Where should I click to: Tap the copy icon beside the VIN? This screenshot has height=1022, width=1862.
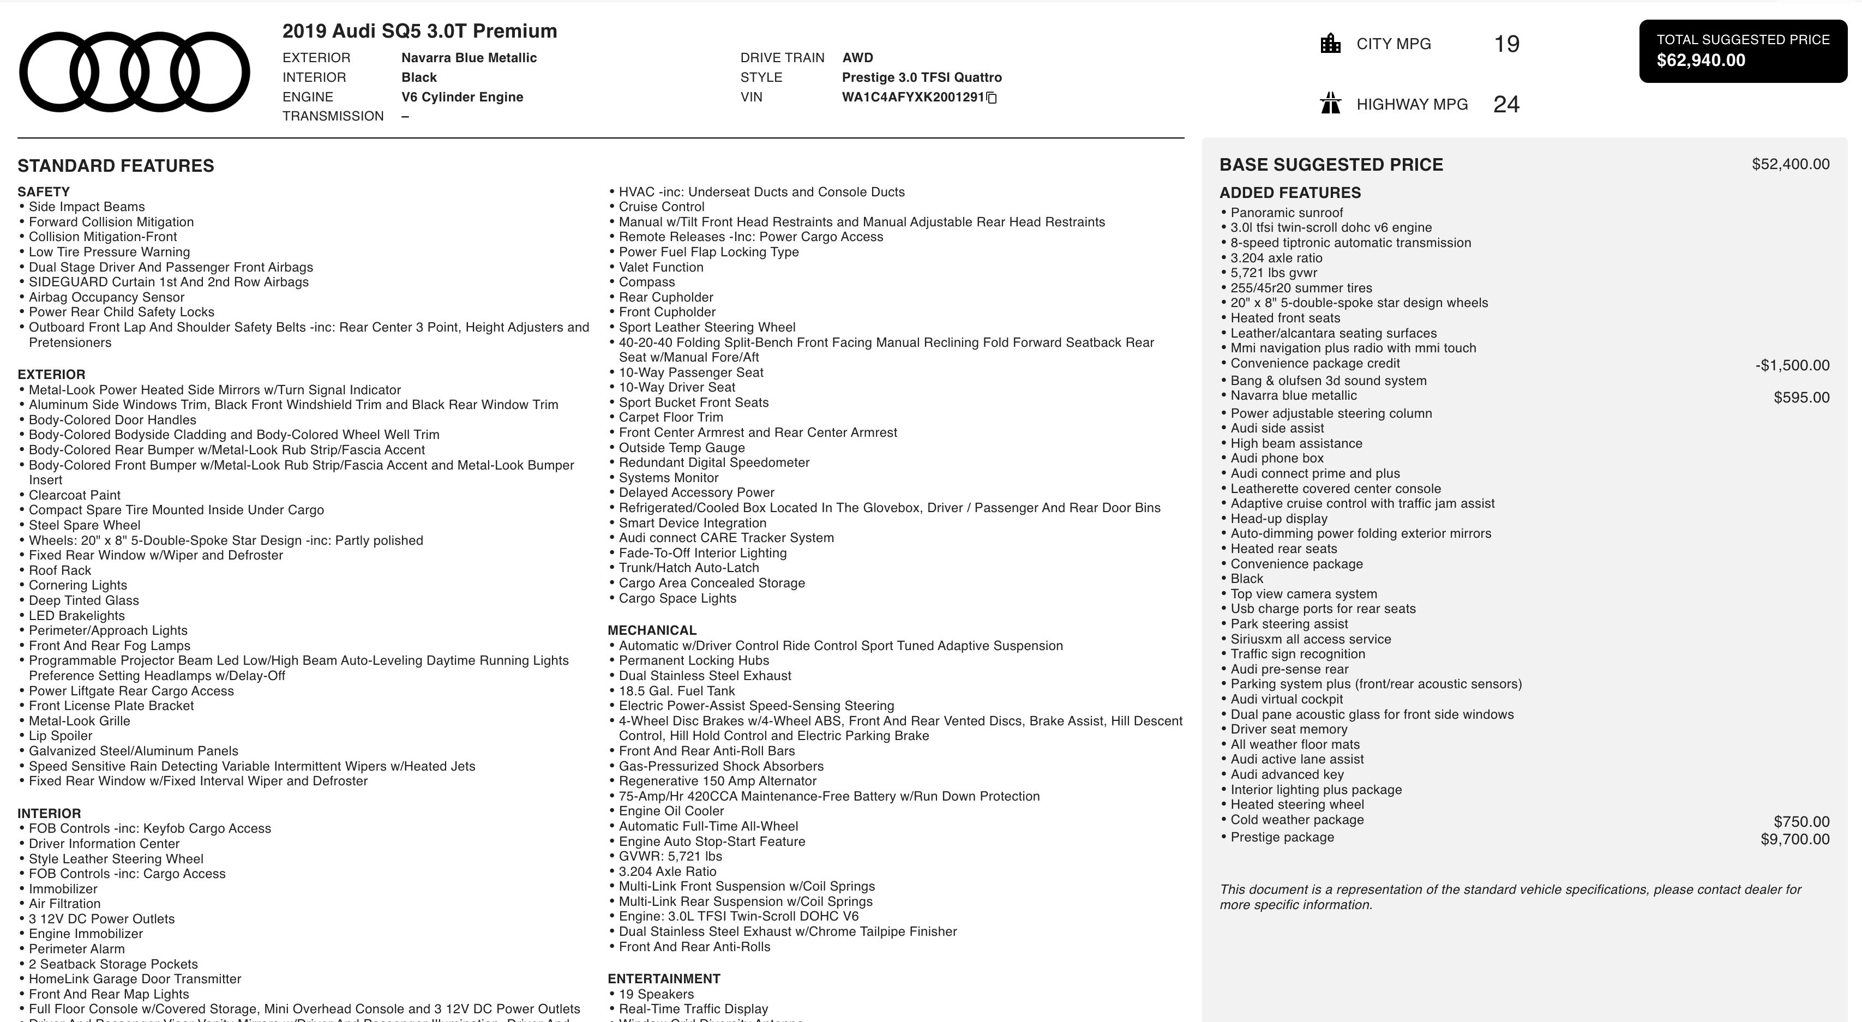992,98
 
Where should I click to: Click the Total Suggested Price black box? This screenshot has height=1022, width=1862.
1743,51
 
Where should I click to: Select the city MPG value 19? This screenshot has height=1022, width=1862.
1506,44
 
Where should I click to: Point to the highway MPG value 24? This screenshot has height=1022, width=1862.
1506,105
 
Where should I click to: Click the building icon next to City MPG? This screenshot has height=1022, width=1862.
1330,44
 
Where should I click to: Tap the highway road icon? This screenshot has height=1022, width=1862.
1330,104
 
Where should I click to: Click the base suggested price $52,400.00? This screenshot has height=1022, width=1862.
1791,164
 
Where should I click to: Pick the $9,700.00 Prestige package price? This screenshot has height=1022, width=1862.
1795,839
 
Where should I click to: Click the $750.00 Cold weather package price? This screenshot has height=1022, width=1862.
1801,822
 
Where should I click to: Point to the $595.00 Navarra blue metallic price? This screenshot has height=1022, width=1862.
1801,398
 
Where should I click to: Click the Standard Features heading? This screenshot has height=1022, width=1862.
116,165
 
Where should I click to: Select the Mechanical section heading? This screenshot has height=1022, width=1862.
652,630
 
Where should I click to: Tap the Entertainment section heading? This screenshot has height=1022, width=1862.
664,978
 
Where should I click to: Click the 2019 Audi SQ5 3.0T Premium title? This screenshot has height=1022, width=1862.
419,31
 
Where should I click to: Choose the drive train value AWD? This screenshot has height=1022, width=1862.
857,58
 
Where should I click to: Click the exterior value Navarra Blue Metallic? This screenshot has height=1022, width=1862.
468,58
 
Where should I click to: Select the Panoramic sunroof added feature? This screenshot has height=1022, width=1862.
1287,213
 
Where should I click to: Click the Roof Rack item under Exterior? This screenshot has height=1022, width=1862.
60,570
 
